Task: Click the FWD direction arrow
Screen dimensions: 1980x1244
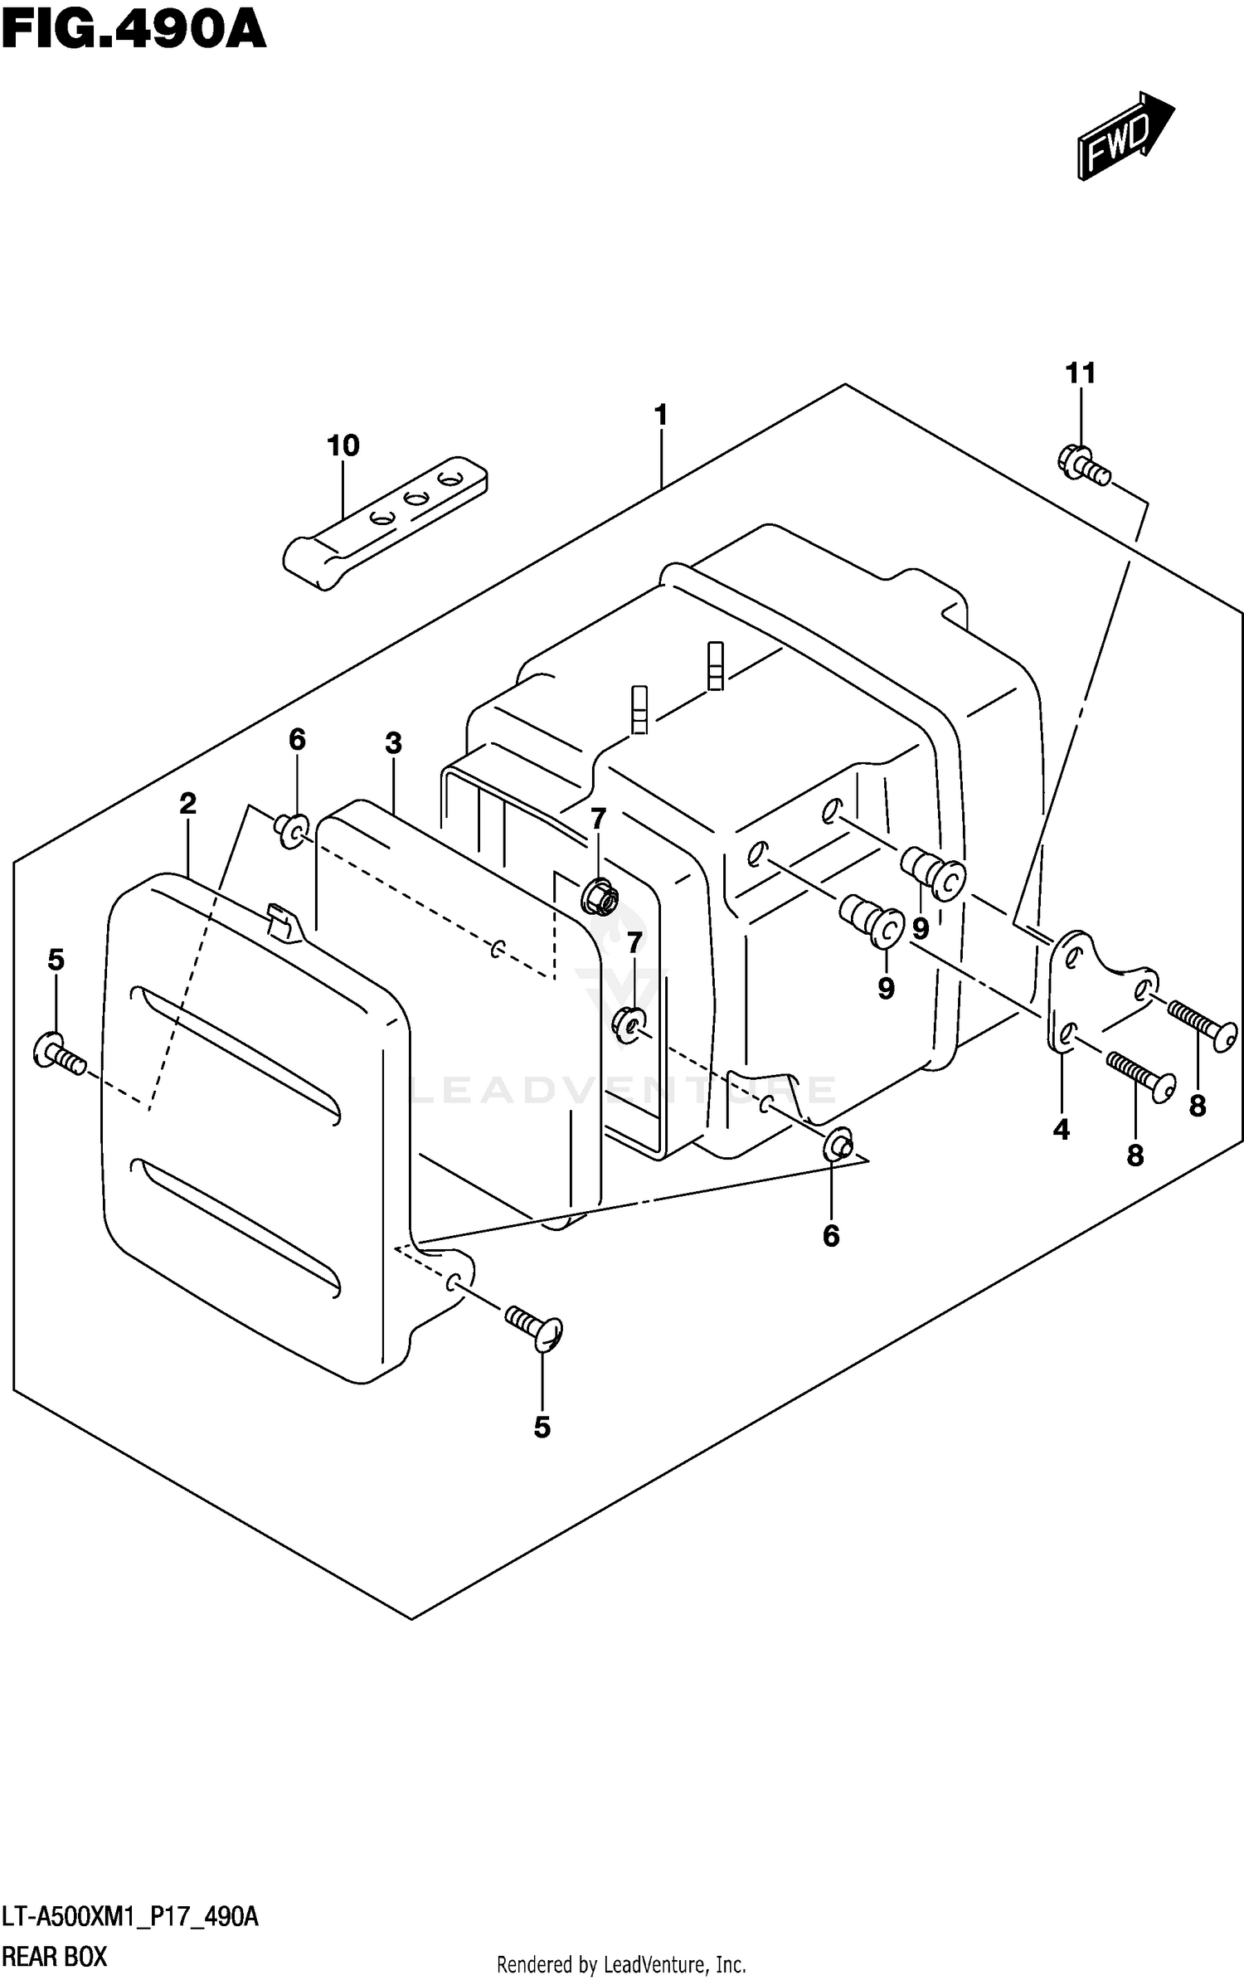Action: coord(1125,136)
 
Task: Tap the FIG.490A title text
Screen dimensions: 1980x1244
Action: coord(133,32)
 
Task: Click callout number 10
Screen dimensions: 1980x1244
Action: coord(343,446)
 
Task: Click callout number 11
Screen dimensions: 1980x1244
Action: coord(1081,373)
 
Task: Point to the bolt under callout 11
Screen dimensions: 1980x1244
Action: coord(1082,466)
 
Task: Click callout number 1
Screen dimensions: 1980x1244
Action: coord(661,415)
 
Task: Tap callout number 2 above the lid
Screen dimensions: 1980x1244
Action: coord(187,803)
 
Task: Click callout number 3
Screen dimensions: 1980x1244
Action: coord(393,743)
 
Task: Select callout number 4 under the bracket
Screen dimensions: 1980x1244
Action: coord(1062,1129)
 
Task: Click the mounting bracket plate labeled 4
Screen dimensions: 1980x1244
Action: coord(1095,990)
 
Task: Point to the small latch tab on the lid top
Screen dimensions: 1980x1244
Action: coord(283,922)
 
